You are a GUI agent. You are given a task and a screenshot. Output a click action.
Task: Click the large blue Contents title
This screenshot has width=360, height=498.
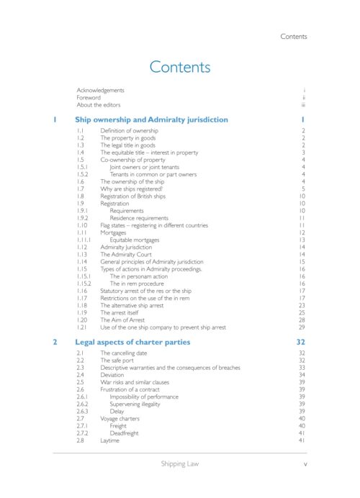coord(179,68)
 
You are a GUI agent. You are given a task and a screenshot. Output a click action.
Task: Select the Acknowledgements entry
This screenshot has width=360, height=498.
coord(101,90)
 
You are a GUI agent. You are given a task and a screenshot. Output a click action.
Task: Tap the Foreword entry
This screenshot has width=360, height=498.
coord(89,97)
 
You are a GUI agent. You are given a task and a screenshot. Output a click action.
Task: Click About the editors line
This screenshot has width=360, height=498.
coord(99,104)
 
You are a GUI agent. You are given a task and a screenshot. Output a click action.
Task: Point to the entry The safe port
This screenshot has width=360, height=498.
coord(118,361)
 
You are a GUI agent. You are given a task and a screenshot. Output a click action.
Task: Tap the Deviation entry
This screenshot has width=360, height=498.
coord(113,375)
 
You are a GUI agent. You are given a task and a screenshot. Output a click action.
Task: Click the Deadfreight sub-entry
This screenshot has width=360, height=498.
coord(125,433)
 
